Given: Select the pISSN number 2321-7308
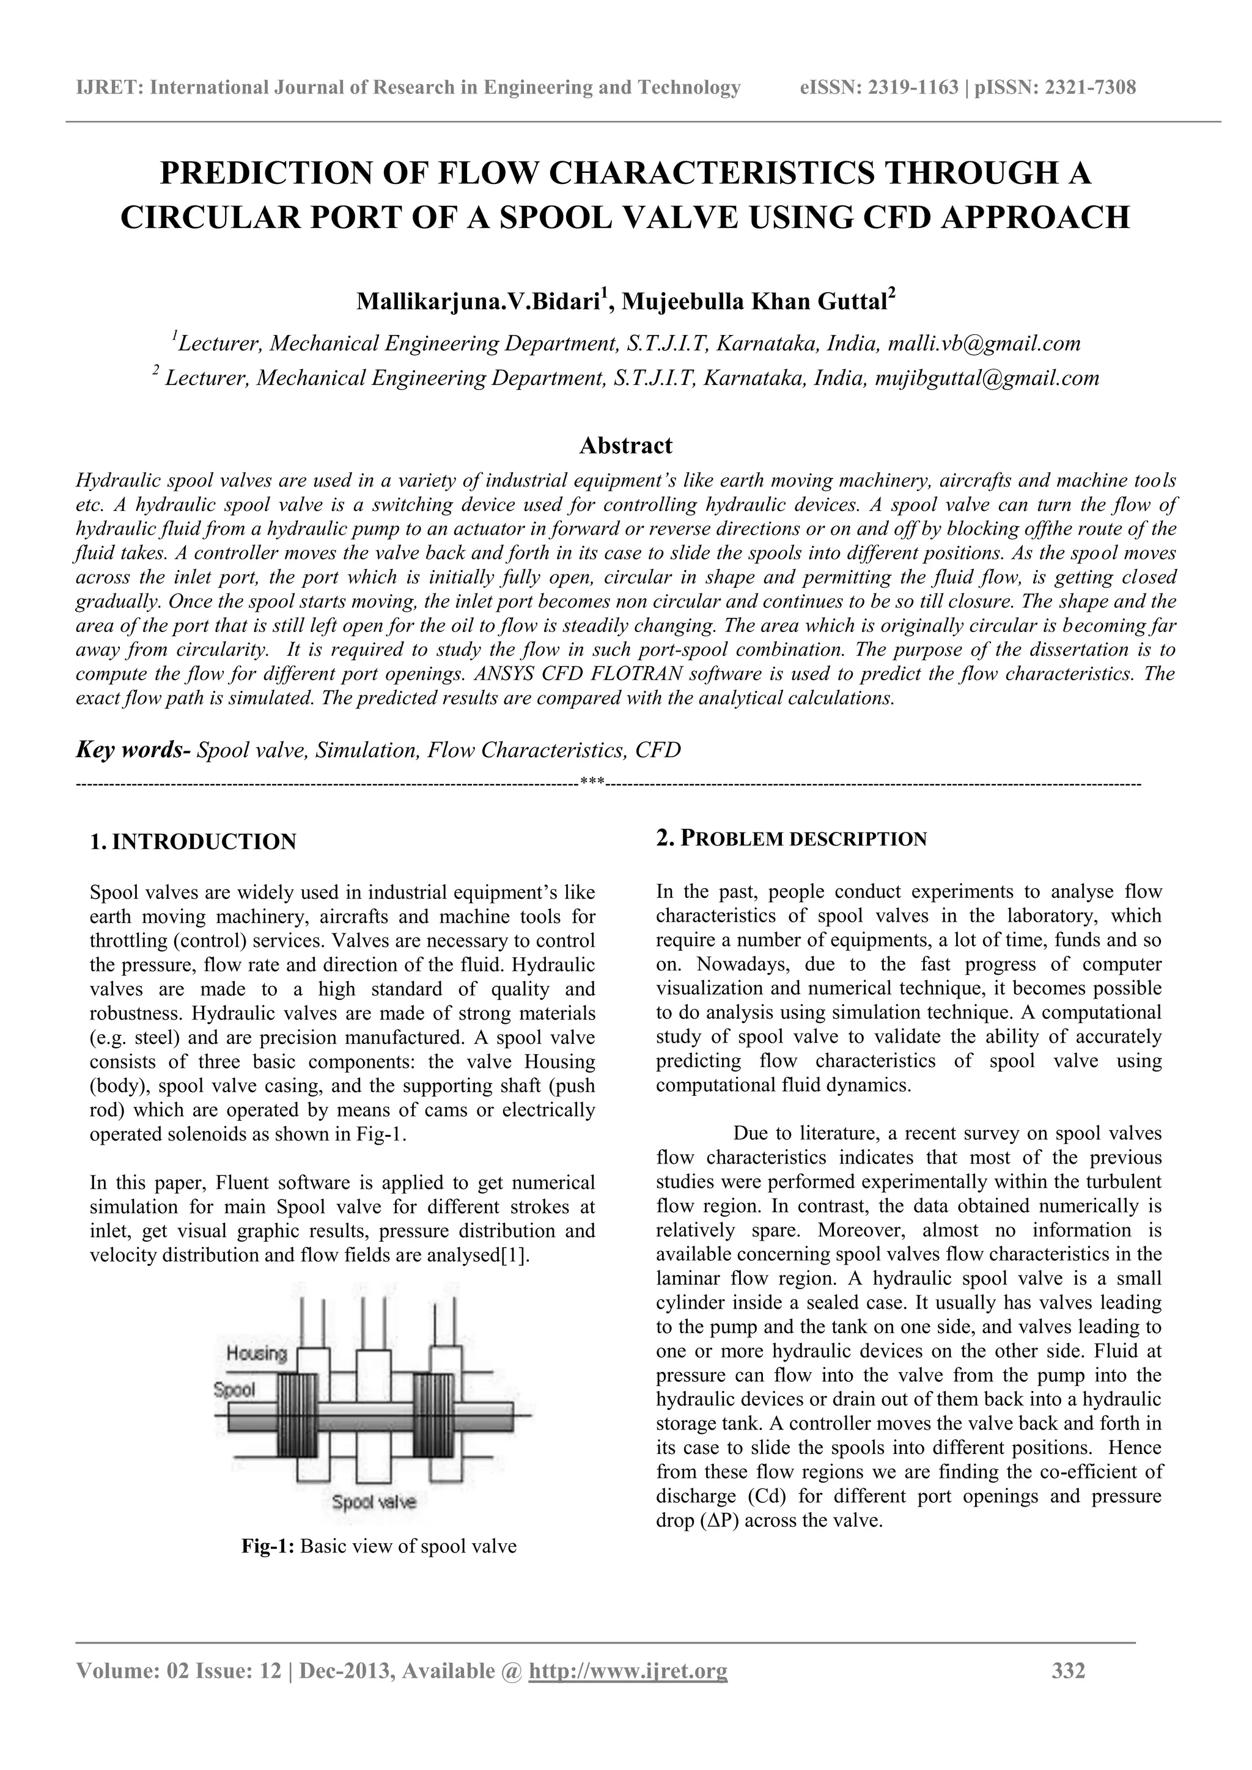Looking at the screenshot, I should coord(1089,87).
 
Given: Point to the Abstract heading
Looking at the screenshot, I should coord(625,446).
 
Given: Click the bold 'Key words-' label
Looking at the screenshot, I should coord(133,749).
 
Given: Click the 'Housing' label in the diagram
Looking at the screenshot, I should coord(257,1353).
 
